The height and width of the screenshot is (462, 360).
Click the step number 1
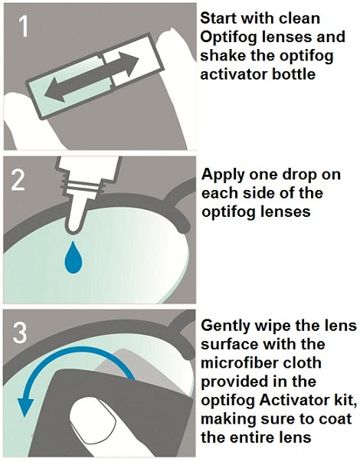(x=24, y=27)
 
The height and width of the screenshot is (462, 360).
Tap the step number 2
(x=18, y=180)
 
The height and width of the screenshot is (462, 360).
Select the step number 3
(x=20, y=333)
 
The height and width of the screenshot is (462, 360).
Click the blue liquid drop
(x=74, y=257)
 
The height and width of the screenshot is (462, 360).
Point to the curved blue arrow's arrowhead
(x=25, y=407)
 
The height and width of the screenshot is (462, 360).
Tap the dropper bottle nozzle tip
(x=73, y=230)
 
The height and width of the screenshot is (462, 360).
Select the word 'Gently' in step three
(x=225, y=326)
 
